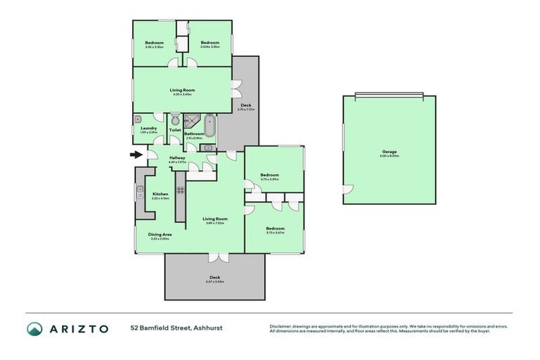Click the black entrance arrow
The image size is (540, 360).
click(135, 155)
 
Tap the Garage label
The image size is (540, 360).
click(389, 152)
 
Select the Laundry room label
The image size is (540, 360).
click(148, 128)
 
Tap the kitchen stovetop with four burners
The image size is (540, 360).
click(180, 189)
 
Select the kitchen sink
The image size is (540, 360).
click(140, 190)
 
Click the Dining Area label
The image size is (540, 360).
click(160, 234)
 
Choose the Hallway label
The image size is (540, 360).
click(176, 158)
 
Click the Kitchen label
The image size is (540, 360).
click(160, 194)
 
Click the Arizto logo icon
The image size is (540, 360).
click(35, 328)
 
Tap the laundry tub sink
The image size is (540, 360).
click(139, 119)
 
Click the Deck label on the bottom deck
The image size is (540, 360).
click(215, 278)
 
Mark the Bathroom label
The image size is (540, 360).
click(194, 134)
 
